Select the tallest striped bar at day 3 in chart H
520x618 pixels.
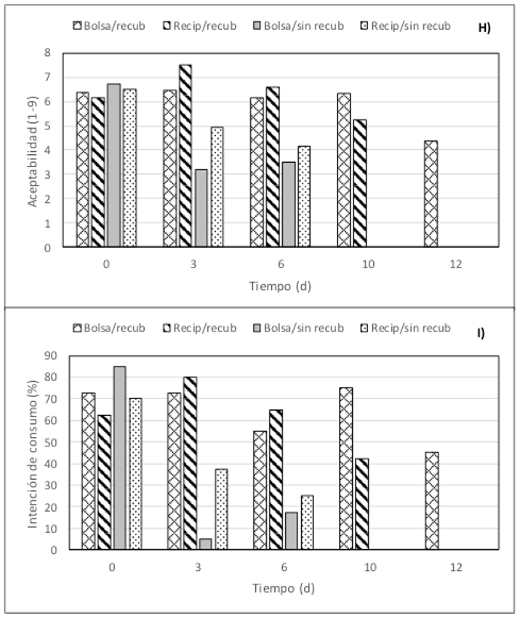pos(185,156)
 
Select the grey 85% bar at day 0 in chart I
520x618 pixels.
pos(119,458)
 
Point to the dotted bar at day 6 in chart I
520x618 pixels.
pos(307,523)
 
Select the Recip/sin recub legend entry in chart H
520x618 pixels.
pos(407,26)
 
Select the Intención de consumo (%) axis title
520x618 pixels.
pos(33,451)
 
